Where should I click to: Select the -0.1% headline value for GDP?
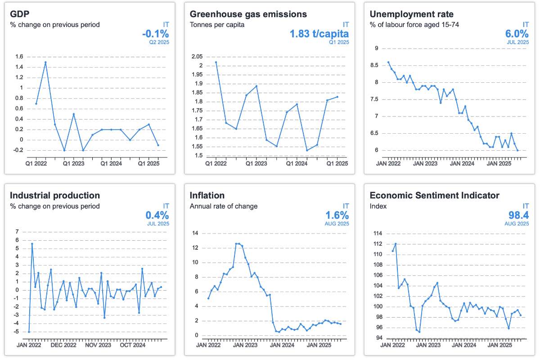click(x=155, y=34)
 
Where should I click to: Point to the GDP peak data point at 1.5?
click(x=45, y=62)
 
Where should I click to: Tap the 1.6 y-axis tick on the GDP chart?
click(x=18, y=57)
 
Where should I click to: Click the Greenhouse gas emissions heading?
click(x=248, y=14)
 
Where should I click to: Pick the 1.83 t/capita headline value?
click(x=319, y=34)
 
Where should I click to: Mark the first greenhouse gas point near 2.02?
click(x=216, y=62)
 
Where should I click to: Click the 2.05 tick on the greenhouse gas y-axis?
click(x=197, y=57)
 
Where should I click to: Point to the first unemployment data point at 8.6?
click(x=388, y=62)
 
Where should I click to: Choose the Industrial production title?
click(x=55, y=195)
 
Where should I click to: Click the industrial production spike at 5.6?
click(x=32, y=243)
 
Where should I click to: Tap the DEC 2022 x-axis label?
click(x=63, y=345)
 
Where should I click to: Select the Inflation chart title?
click(x=207, y=195)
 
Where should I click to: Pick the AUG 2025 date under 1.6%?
click(x=337, y=224)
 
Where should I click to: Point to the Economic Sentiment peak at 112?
click(x=396, y=244)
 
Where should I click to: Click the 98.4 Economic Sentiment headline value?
click(x=517, y=215)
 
